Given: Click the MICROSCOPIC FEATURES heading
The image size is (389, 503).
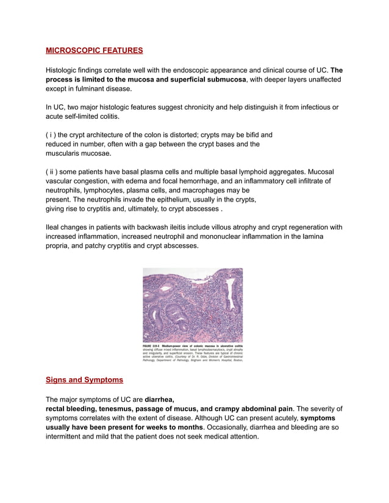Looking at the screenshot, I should click(x=95, y=50).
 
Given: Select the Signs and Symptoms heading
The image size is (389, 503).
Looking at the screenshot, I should click(x=84, y=380).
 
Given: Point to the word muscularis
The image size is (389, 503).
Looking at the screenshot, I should click(x=66, y=153).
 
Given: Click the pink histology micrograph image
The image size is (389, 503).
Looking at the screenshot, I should click(x=193, y=305).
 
